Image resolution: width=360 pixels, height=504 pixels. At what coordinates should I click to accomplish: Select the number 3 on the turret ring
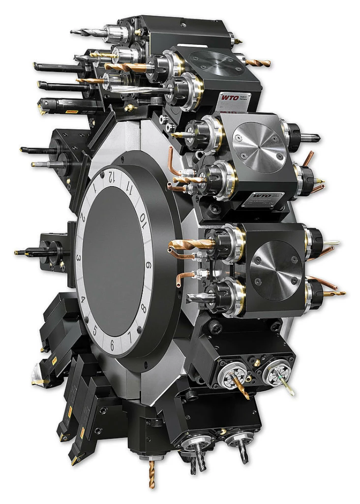pyautogui.click(x=79, y=258)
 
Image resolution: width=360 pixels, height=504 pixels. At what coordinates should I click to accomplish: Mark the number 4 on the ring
pyautogui.click(x=83, y=300)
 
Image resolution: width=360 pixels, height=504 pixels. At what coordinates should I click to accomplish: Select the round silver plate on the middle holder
pyautogui.click(x=259, y=147)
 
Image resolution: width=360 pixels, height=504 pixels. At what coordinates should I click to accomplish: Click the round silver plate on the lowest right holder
pyautogui.click(x=276, y=268)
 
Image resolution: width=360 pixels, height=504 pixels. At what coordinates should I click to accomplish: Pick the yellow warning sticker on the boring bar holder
pyautogui.click(x=72, y=113)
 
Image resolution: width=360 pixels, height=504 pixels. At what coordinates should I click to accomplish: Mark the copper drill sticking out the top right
pyautogui.click(x=258, y=63)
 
